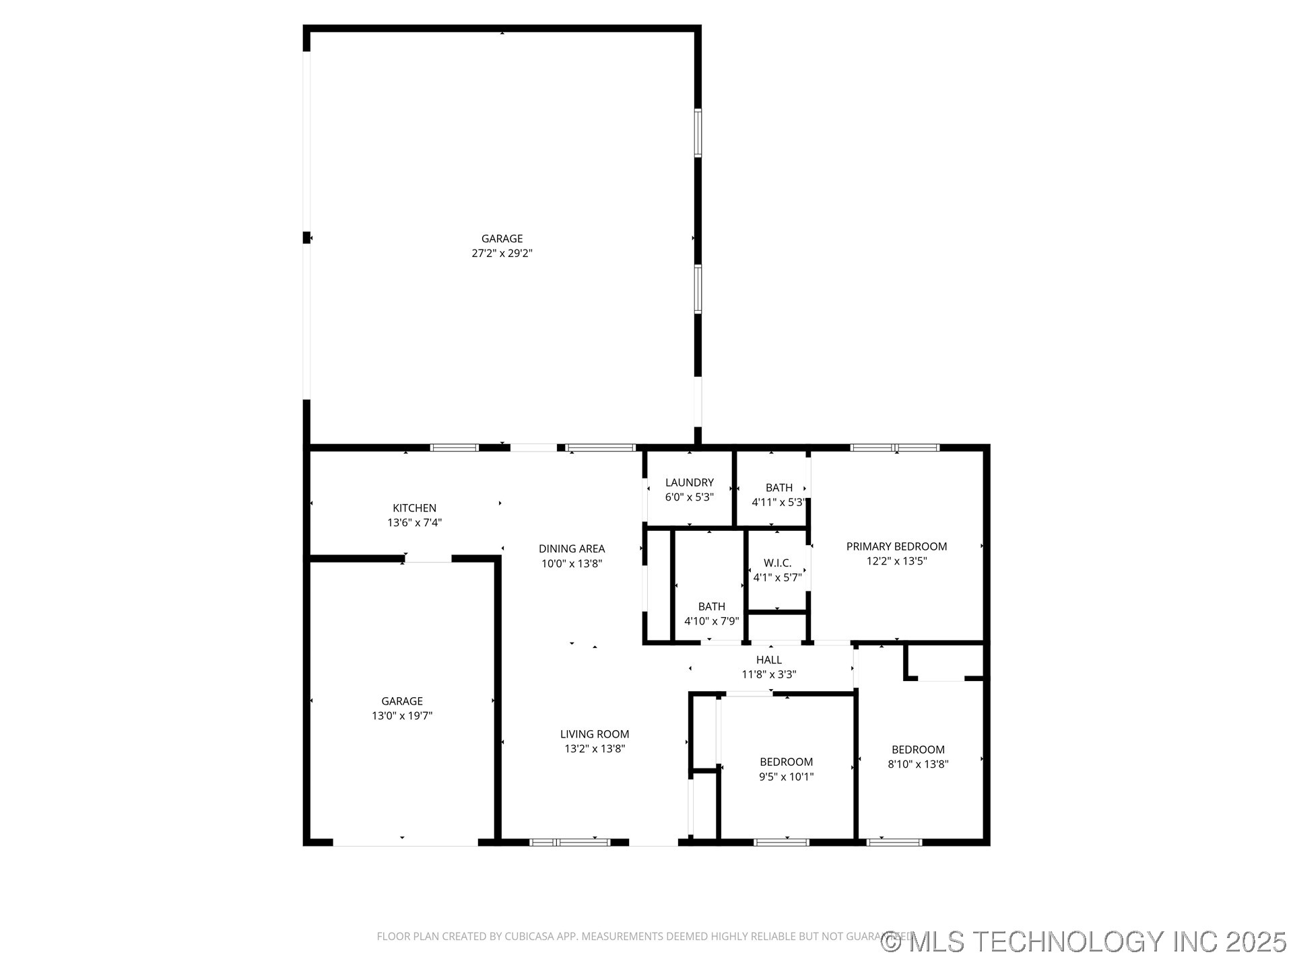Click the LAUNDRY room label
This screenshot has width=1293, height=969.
[689, 482]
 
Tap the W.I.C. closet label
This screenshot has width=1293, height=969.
[777, 563]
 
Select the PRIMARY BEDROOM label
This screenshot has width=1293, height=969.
[896, 546]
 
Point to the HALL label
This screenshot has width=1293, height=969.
[768, 659]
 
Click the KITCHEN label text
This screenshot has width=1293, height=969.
[414, 508]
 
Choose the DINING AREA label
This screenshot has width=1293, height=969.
[571, 548]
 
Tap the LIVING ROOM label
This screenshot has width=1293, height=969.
[594, 734]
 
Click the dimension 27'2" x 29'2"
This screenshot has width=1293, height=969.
[502, 254]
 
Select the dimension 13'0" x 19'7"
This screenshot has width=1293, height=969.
[402, 716]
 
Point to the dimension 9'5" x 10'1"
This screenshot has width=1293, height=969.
[786, 777]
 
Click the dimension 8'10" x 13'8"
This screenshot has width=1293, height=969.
[918, 764]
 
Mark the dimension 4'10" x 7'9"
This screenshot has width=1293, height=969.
[711, 621]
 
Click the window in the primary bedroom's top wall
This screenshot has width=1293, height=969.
[894, 447]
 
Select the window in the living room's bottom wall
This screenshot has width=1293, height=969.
[570, 842]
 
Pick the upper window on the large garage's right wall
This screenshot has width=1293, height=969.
[698, 133]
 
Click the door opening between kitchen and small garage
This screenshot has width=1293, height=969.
[428, 559]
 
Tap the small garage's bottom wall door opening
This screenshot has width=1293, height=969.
[405, 842]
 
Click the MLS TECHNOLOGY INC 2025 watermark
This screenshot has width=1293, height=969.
[1084, 941]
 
